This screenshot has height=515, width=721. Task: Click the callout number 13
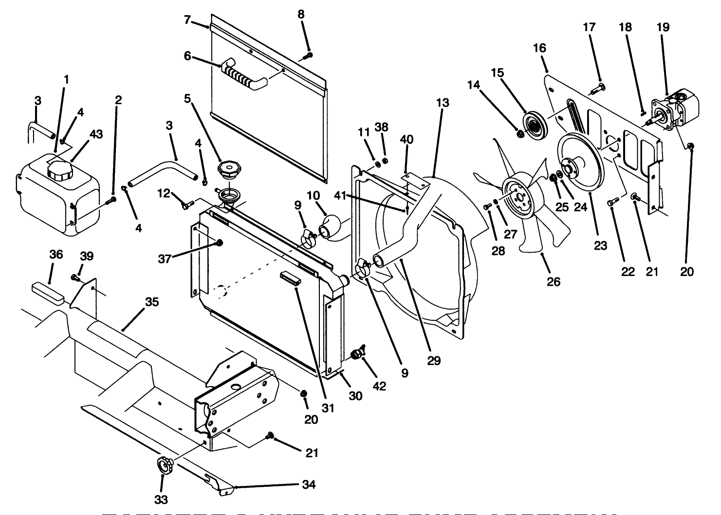(x=443, y=103)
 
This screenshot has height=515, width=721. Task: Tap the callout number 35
(x=152, y=302)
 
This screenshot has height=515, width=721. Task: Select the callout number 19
(x=663, y=27)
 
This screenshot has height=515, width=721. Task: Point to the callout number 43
(x=96, y=134)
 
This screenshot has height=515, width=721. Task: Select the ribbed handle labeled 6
(x=241, y=75)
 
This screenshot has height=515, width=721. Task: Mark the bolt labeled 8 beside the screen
(x=307, y=56)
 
